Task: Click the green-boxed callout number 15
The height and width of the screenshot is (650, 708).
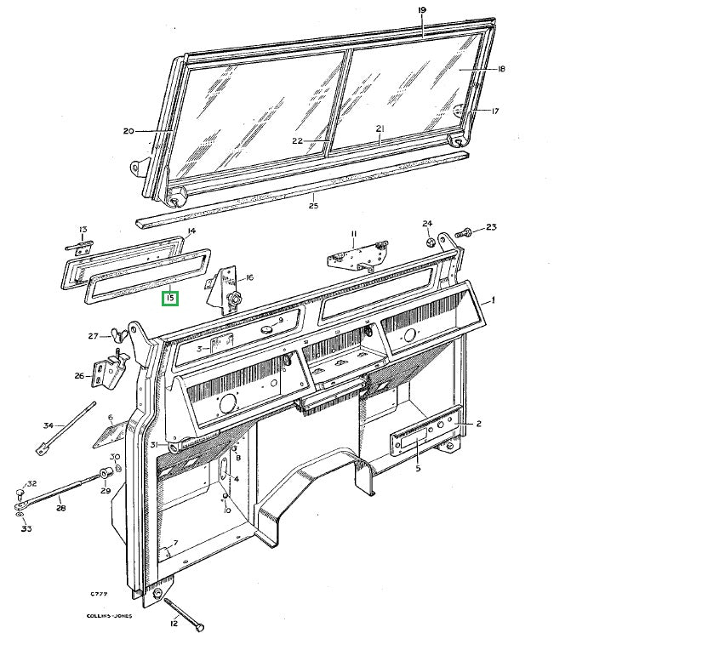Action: [x=170, y=298]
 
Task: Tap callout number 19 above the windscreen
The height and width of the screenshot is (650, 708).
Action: [x=422, y=10]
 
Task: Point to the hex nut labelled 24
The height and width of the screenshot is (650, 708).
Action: [x=430, y=242]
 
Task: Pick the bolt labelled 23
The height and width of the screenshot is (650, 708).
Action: [x=462, y=233]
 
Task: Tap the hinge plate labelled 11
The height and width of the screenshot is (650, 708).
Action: [x=357, y=256]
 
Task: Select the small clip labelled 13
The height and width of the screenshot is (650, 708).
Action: [x=79, y=246]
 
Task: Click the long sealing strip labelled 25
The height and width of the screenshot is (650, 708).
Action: [x=303, y=189]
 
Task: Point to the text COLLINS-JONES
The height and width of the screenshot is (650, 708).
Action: [x=109, y=616]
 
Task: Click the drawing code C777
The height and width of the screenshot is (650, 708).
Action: [x=99, y=594]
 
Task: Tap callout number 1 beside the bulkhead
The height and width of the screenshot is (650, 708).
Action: [x=493, y=299]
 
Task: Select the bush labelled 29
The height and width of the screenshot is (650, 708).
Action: [x=107, y=474]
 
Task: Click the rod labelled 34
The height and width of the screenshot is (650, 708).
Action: [x=66, y=428]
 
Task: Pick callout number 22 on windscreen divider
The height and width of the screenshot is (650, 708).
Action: [x=297, y=141]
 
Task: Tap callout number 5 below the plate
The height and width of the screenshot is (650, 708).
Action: [x=418, y=469]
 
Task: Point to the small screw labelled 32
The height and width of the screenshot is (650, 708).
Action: [x=20, y=491]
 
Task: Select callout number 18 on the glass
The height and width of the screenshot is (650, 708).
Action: [x=500, y=69]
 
